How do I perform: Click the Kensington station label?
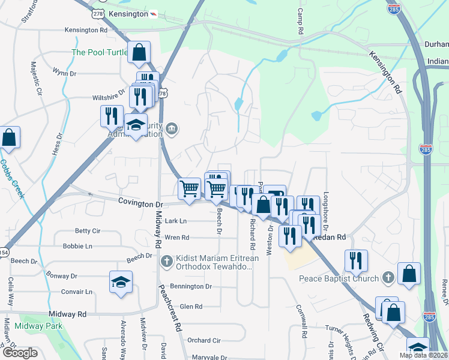click(128, 13)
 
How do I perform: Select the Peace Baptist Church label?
click(339, 278)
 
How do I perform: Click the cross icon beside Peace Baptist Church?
click(388, 278)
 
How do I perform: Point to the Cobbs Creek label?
click(11, 178)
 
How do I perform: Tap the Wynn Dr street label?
click(64, 73)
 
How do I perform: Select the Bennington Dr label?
click(191, 286)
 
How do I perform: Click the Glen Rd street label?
click(191, 306)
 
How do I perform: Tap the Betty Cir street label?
click(87, 231)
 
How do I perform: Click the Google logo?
click(20, 353)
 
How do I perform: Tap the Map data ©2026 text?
click(424, 355)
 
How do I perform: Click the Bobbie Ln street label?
click(77, 246)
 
